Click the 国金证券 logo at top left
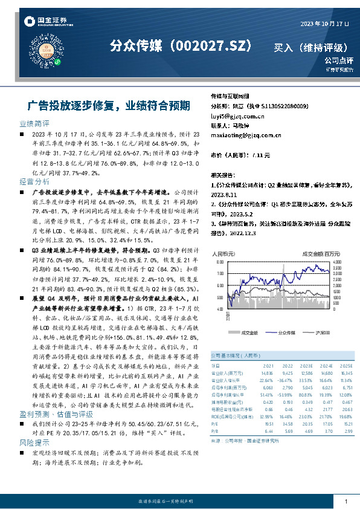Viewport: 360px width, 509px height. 43,22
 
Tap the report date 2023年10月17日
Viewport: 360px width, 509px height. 325,22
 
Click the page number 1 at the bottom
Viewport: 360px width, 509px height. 345,501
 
